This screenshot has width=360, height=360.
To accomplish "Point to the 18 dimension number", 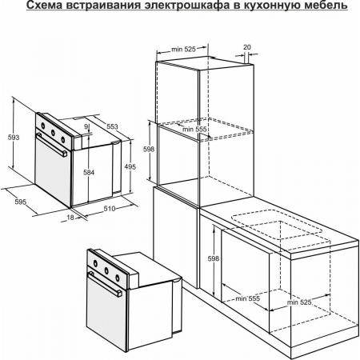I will pos(70,217).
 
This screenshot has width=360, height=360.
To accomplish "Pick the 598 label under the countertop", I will pos(212,258).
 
